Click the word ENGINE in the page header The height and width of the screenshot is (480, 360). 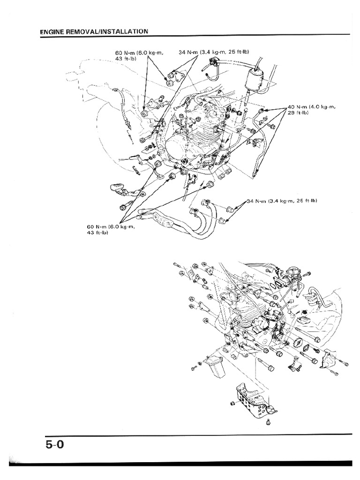52,31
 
